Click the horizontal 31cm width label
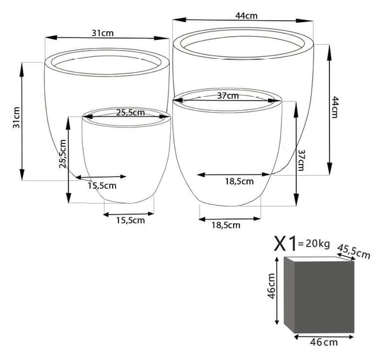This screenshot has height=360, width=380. point(103,33)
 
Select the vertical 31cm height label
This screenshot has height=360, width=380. point(16,118)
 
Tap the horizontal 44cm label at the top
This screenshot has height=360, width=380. point(246,16)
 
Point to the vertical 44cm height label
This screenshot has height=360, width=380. point(334,107)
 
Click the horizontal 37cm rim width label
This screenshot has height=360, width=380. point(228,96)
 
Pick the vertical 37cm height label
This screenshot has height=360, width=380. point(301,160)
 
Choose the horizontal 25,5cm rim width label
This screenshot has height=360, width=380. point(130,113)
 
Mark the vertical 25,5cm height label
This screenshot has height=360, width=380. point(63,154)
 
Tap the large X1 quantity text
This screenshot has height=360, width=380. point(285,244)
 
